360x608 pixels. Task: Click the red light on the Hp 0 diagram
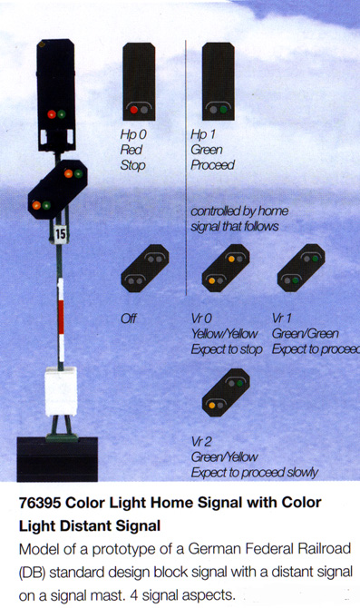coord(134,110)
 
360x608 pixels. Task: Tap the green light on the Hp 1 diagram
coord(223,110)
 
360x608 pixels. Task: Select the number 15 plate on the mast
coord(60,234)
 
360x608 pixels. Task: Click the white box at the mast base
coord(61,392)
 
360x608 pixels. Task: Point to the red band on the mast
coord(61,317)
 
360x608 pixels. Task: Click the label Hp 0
coord(133,134)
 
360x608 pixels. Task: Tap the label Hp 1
coord(202,134)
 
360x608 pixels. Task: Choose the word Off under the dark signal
coord(129,319)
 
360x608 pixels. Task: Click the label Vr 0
coord(201,319)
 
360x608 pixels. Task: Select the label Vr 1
coord(282,319)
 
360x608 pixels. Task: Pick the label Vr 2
coord(201,442)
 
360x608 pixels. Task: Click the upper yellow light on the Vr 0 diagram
coord(231,259)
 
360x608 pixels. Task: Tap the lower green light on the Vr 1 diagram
coord(296,280)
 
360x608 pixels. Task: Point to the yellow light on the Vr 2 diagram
coord(212,406)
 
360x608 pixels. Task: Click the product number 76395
coord(40,503)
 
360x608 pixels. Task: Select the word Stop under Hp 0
coord(133,165)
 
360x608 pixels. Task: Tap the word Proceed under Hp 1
coord(213,165)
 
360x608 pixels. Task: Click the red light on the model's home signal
coord(52,114)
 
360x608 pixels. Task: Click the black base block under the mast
coord(57,459)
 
